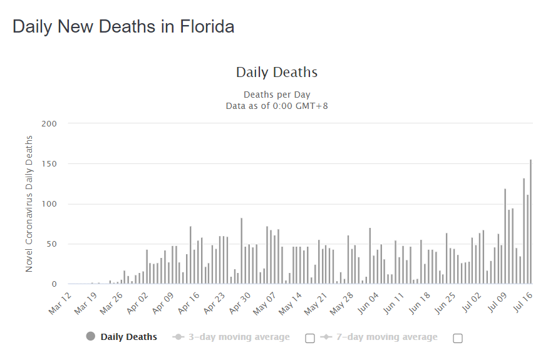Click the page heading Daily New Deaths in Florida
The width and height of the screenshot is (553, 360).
tap(123, 27)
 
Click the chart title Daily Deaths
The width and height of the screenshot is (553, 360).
tap(276, 72)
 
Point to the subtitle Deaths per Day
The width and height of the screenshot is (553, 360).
tap(276, 95)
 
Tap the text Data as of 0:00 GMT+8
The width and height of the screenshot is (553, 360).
tap(276, 106)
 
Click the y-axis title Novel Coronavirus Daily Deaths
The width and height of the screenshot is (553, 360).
tap(29, 203)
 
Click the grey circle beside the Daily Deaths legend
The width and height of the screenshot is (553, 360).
tap(91, 337)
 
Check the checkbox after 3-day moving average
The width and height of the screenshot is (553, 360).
tap(309, 338)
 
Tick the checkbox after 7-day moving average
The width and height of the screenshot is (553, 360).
tap(457, 338)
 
